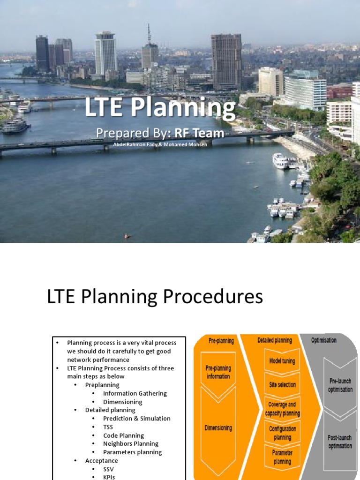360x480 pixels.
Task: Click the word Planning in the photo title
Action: (x=183, y=108)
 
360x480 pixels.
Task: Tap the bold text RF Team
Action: (x=199, y=134)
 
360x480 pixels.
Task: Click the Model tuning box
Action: (x=282, y=361)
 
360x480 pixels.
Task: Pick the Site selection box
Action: (x=282, y=384)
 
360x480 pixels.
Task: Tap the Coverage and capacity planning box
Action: (x=282, y=409)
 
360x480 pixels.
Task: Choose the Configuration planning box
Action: (x=282, y=433)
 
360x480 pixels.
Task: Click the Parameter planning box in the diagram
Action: (x=282, y=457)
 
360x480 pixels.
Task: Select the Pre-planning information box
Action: (x=218, y=372)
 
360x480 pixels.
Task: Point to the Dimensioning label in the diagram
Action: (x=218, y=427)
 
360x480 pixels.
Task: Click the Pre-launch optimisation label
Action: (x=340, y=385)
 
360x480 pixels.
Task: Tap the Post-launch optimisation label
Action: (x=340, y=442)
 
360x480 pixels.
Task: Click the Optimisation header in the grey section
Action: (x=323, y=340)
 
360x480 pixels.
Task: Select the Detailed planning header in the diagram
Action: (x=275, y=340)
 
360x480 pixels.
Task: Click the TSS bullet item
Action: (x=108, y=427)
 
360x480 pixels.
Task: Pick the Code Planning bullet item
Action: (x=123, y=435)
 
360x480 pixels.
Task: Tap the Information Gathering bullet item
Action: (x=135, y=393)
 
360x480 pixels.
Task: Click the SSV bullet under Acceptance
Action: (x=108, y=469)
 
